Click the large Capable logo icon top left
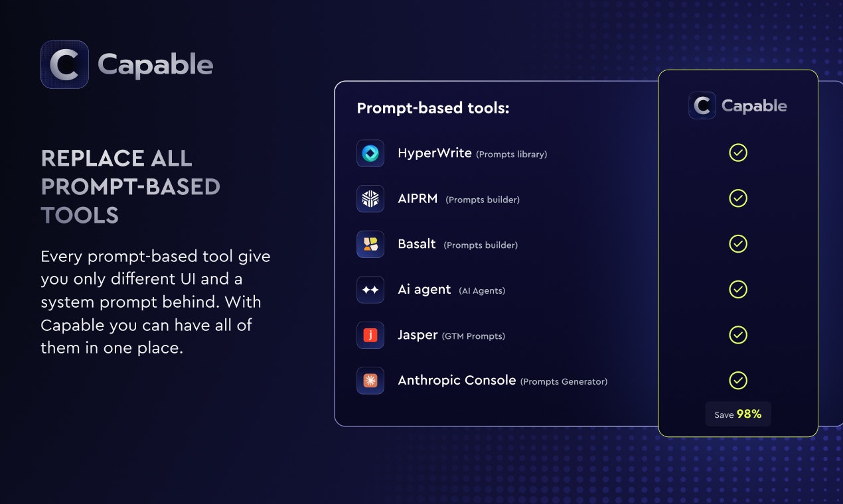pyautogui.click(x=64, y=65)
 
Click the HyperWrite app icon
pyautogui.click(x=370, y=153)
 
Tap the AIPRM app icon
pyautogui.click(x=370, y=199)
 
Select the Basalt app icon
pyautogui.click(x=370, y=244)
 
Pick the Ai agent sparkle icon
pyautogui.click(x=370, y=290)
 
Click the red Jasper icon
pyautogui.click(x=370, y=336)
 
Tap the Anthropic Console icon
pyautogui.click(x=370, y=381)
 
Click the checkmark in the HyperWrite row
pyautogui.click(x=738, y=153)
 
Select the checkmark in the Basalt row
pyautogui.click(x=738, y=244)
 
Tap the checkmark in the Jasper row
pyautogui.click(x=738, y=335)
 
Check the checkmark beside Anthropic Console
pyautogui.click(x=738, y=381)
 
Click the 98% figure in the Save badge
pyautogui.click(x=749, y=414)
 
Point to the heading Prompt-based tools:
pyautogui.click(x=433, y=108)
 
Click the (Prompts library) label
pyautogui.click(x=511, y=155)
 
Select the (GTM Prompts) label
pyautogui.click(x=473, y=336)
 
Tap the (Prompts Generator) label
pyautogui.click(x=564, y=381)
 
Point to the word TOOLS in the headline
pyautogui.click(x=80, y=216)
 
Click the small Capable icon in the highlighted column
pyautogui.click(x=702, y=105)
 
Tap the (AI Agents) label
pyautogui.click(x=482, y=290)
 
